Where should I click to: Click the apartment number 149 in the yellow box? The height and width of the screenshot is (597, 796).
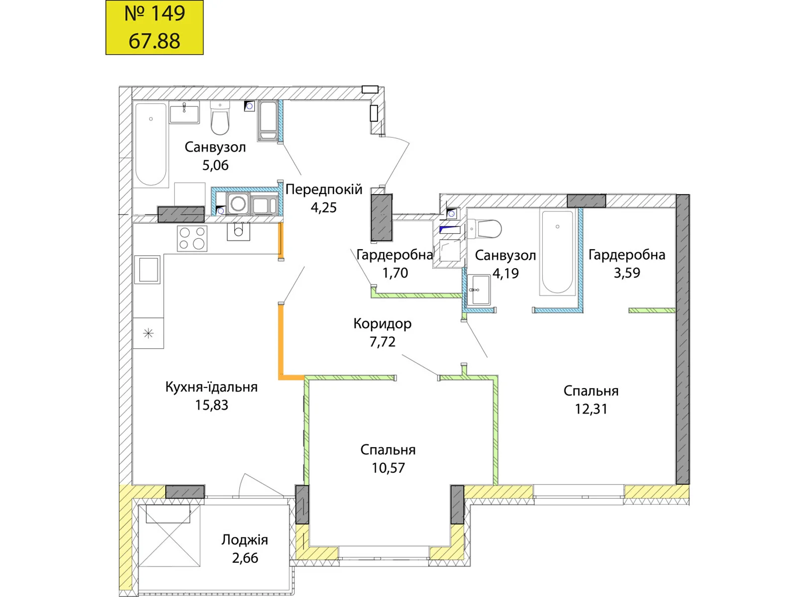pos(155,13)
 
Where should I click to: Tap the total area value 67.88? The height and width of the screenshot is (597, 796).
pos(155,41)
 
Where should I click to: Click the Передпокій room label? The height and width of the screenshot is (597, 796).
pos(324,190)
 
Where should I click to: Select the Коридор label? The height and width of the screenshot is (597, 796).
pos(383,324)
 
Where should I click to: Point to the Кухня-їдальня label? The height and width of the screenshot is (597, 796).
pos(211,387)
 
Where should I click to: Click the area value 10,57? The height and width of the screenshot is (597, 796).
pos(388,468)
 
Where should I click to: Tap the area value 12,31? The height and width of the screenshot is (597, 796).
pos(591,409)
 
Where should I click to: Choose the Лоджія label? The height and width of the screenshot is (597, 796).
pos(245,540)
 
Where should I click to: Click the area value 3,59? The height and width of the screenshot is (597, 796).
pos(627,273)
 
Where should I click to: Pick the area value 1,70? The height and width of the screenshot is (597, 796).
pos(396,273)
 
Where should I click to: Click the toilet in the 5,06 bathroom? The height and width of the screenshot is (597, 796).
pos(220,118)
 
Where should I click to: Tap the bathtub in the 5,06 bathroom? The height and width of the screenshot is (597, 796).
pos(151,145)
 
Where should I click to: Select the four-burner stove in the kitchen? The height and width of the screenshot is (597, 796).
pos(192,238)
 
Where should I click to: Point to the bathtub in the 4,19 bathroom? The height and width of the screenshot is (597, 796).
pos(557,252)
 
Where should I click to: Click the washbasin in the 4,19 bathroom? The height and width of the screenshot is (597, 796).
pos(479,290)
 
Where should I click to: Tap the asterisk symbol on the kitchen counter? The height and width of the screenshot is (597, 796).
pos(148,333)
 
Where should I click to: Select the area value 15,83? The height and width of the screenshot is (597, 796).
pos(212,405)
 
